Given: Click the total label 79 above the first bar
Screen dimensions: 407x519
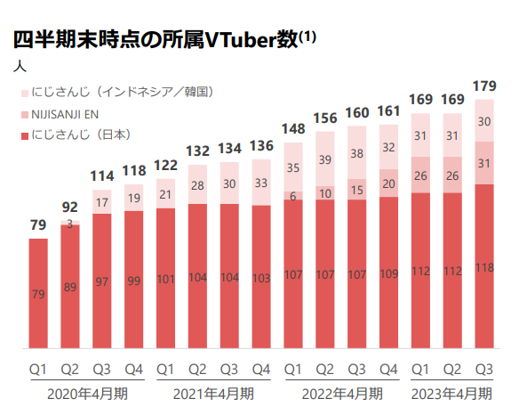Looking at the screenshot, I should click(x=38, y=224).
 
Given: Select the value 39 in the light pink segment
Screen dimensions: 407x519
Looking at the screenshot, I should click(x=324, y=159).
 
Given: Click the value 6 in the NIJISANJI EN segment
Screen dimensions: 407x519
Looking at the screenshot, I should click(x=293, y=196).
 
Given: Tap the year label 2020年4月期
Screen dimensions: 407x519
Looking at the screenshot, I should click(x=87, y=392).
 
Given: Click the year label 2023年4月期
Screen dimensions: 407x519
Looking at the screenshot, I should click(x=451, y=392).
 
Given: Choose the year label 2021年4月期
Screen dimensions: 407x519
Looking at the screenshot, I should click(x=214, y=392).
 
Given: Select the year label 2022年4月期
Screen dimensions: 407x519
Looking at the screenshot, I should click(x=342, y=392).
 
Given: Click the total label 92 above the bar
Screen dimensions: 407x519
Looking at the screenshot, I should click(x=70, y=207).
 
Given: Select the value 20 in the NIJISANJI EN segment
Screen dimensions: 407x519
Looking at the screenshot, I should click(x=388, y=183).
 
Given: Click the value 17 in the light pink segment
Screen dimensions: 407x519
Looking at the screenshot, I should click(x=102, y=201).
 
